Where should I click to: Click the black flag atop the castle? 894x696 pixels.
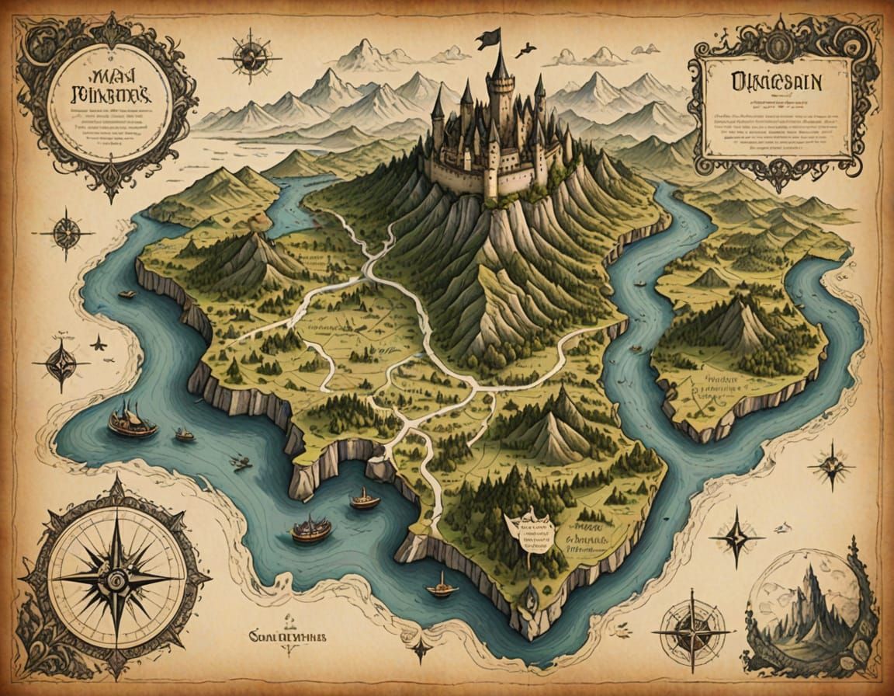click(489, 38)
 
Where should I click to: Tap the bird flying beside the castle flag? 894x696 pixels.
click(526, 50)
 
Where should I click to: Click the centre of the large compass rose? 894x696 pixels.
click(116, 579)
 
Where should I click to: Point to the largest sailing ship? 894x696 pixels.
click(133, 423)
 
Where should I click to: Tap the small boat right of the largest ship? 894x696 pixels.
click(185, 435)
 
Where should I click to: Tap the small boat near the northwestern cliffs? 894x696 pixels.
click(126, 294)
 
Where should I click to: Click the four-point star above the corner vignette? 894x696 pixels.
click(736, 537)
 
